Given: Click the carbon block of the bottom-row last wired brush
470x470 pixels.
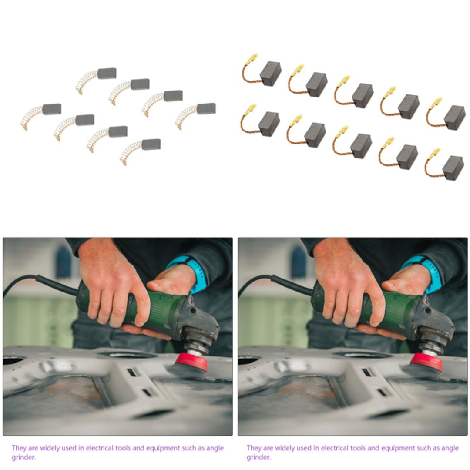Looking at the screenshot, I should pyautogui.click(x=453, y=168).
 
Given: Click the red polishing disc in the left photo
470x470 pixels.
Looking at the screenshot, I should pyautogui.click(x=191, y=361).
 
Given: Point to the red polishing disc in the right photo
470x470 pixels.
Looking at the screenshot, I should pyautogui.click(x=426, y=361).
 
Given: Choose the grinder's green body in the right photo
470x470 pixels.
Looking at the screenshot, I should pyautogui.click(x=392, y=309).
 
